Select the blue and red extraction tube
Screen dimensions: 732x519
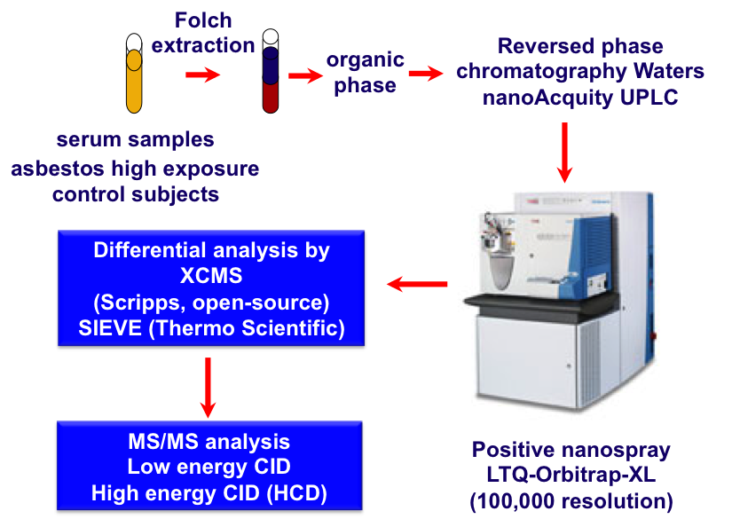(x=271, y=71)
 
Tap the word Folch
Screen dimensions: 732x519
(x=203, y=20)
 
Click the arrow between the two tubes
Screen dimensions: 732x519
(x=202, y=75)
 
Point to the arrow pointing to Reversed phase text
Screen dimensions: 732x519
(x=426, y=74)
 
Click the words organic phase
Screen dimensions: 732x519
(x=365, y=73)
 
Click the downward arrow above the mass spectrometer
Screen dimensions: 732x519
(x=564, y=153)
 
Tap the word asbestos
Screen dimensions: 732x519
(x=58, y=169)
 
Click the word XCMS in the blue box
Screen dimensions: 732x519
(x=211, y=276)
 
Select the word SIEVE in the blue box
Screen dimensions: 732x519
(x=110, y=328)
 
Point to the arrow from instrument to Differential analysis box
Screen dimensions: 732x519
(x=417, y=284)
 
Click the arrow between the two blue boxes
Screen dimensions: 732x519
(x=208, y=388)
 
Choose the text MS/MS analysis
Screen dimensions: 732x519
(x=209, y=442)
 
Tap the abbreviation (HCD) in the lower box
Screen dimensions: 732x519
(x=297, y=493)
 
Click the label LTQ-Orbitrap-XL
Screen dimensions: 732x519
(x=571, y=475)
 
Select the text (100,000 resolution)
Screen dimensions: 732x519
(x=571, y=500)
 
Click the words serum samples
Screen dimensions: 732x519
(x=136, y=139)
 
